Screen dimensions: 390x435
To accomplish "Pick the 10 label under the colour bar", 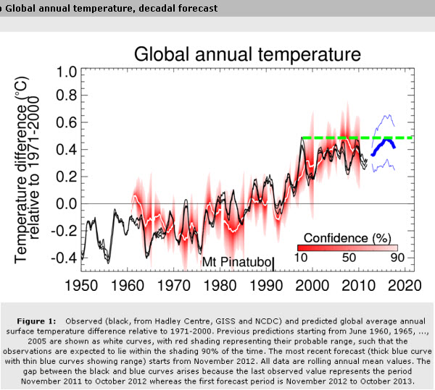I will click(305, 258).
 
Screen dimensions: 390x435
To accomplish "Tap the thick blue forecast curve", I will click(384, 144).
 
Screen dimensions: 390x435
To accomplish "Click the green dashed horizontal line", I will click(341, 137).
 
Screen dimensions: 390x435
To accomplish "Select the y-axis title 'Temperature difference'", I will click(22, 170).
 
